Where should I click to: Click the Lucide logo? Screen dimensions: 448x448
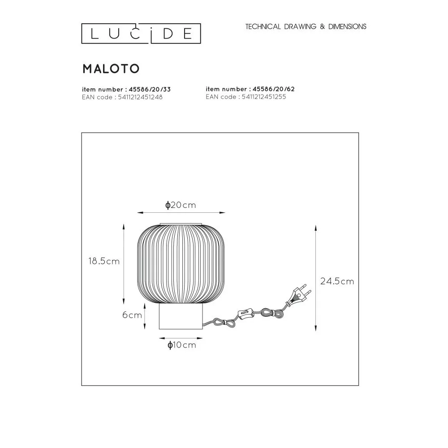[x=141, y=34]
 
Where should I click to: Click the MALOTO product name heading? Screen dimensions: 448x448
[x=111, y=69]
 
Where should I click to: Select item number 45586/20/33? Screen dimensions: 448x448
[x=126, y=90]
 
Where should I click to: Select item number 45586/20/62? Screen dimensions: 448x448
[x=250, y=89]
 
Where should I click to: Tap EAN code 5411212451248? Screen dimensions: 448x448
[x=122, y=97]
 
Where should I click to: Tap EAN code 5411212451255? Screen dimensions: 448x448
[x=246, y=97]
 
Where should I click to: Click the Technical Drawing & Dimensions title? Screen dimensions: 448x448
[x=306, y=26]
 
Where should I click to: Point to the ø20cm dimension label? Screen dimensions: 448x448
[x=181, y=205]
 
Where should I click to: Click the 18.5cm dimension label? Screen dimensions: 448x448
[x=104, y=261]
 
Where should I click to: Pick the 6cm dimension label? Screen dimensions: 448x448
[x=132, y=315]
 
